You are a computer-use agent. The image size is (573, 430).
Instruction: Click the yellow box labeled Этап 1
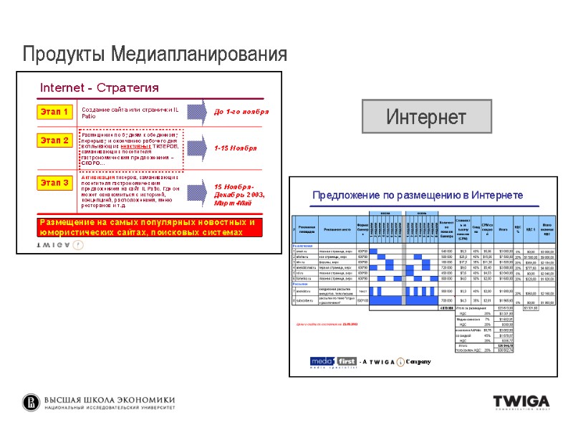55,112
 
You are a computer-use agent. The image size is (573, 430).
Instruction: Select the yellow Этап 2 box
55,140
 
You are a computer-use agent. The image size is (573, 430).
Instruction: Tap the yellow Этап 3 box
55,183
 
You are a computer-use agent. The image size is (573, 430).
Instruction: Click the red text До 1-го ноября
241,113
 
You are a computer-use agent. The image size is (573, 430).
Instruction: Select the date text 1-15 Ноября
236,148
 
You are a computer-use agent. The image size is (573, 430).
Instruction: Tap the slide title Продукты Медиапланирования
155,54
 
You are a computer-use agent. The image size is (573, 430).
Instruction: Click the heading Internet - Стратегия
99,88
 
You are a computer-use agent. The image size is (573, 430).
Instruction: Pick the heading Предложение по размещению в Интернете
418,196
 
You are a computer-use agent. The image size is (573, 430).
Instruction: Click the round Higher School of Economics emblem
31,402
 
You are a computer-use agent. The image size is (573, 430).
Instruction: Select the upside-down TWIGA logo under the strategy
60,244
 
